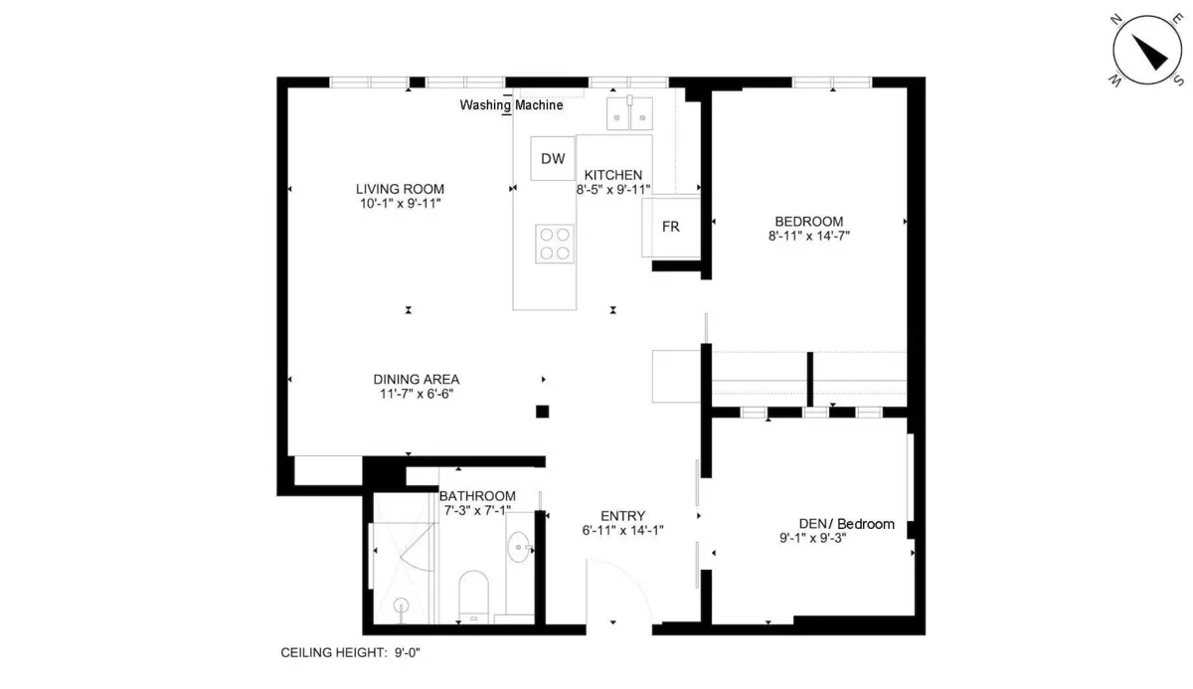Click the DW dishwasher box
[553, 158]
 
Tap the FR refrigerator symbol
[671, 227]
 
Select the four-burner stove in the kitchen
[555, 244]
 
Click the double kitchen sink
[629, 113]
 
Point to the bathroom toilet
[473, 597]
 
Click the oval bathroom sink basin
[519, 547]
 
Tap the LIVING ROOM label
[400, 189]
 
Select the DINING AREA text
[416, 379]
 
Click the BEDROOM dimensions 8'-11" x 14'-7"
[808, 236]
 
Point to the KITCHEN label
[613, 175]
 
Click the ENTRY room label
[622, 516]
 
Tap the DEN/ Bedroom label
[846, 524]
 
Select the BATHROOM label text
[477, 496]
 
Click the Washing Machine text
[511, 105]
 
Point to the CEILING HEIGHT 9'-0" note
[350, 652]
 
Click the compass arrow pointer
[1149, 52]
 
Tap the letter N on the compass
[1116, 20]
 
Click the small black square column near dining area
[542, 412]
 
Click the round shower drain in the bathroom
[401, 605]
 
